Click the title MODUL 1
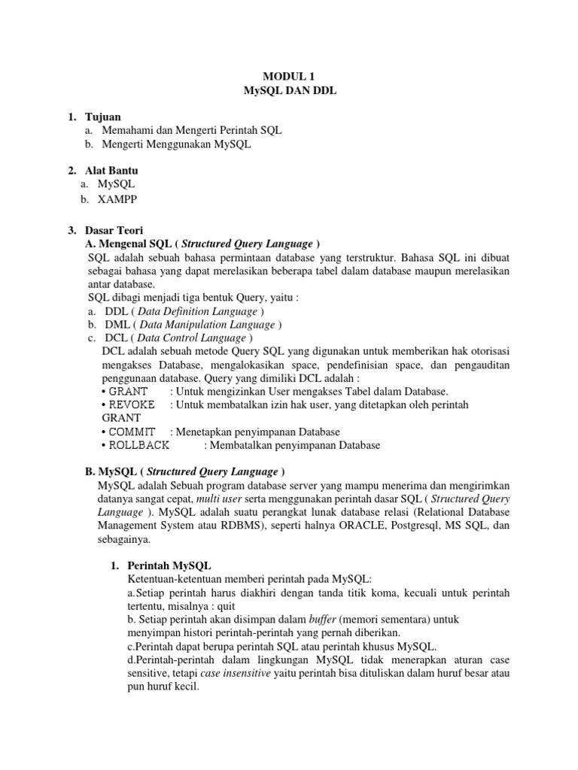(289, 77)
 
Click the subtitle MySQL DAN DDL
(289, 91)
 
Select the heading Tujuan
(104, 117)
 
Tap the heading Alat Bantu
(111, 171)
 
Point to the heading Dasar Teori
(114, 230)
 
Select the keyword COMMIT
(132, 432)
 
